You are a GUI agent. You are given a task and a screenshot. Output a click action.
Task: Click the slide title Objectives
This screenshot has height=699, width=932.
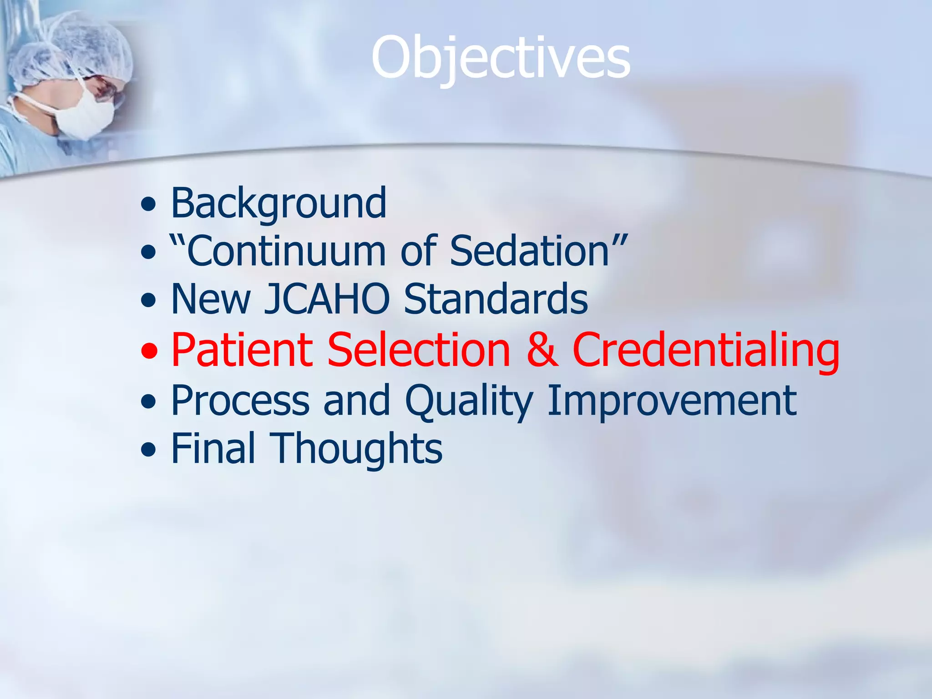coord(501,58)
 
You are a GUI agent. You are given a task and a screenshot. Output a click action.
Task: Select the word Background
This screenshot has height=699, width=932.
coord(279,203)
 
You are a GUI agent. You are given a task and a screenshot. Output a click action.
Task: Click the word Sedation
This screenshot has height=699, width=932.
coord(530,251)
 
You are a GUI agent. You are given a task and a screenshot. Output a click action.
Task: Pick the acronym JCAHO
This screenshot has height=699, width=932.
coord(327,299)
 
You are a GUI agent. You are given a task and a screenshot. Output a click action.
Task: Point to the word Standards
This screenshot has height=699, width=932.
coord(496,299)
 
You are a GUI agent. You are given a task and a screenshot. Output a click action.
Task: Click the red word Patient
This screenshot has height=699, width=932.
coord(242,350)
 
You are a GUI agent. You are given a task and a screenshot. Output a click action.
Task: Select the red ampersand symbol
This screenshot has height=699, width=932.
coord(542,350)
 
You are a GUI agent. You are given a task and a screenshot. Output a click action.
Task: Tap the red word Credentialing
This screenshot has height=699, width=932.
coord(705,350)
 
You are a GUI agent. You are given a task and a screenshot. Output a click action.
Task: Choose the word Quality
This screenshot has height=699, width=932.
coord(469,401)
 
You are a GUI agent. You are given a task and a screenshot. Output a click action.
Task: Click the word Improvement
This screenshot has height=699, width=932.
coord(672,400)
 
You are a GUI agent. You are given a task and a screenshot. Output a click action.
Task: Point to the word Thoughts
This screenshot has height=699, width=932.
coord(356,450)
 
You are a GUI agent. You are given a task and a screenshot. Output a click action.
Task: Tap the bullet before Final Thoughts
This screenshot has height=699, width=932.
coord(148,451)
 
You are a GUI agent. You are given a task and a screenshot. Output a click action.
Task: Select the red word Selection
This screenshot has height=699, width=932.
coord(419,350)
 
